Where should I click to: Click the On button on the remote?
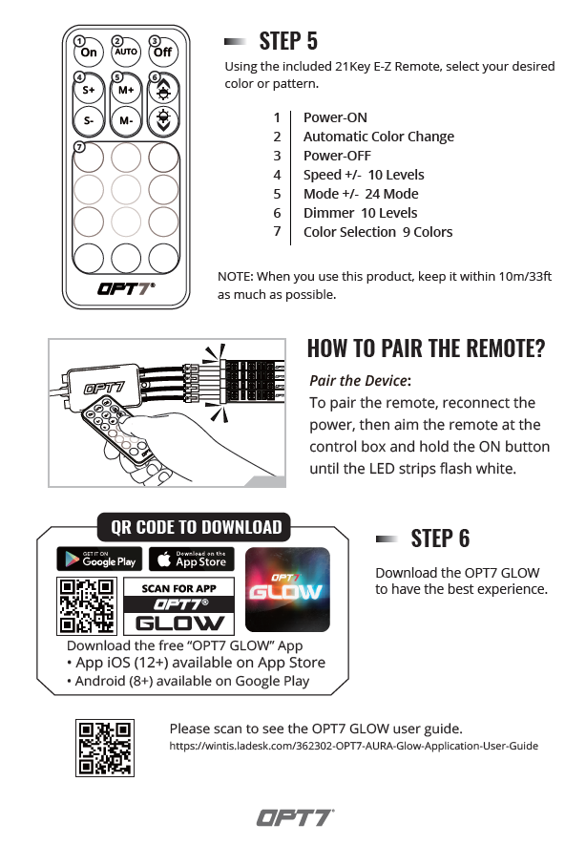coord(89,52)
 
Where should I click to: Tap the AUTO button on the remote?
coord(126,52)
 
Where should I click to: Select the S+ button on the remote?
coord(88,90)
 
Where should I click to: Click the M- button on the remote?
coord(126,121)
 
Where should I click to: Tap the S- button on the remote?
coord(88,121)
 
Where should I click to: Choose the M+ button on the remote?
coord(126,90)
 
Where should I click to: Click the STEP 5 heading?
coord(288,41)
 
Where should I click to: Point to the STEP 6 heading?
coord(440,539)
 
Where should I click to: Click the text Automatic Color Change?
coord(378,137)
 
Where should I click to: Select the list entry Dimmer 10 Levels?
coord(360,213)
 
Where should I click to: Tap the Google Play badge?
coord(98,560)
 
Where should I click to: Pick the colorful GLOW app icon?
coord(287,589)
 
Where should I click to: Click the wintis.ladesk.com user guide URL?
coord(353,746)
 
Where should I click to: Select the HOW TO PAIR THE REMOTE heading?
coord(426,348)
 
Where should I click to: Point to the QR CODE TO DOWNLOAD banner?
coord(196,527)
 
